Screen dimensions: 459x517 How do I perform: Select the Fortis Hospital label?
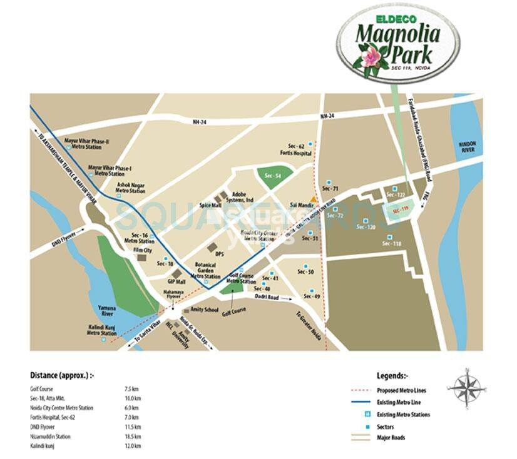[297, 153]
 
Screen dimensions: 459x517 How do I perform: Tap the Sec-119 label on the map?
[400, 211]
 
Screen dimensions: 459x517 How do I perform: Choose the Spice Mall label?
[210, 204]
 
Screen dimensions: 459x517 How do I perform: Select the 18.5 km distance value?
[133, 436]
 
